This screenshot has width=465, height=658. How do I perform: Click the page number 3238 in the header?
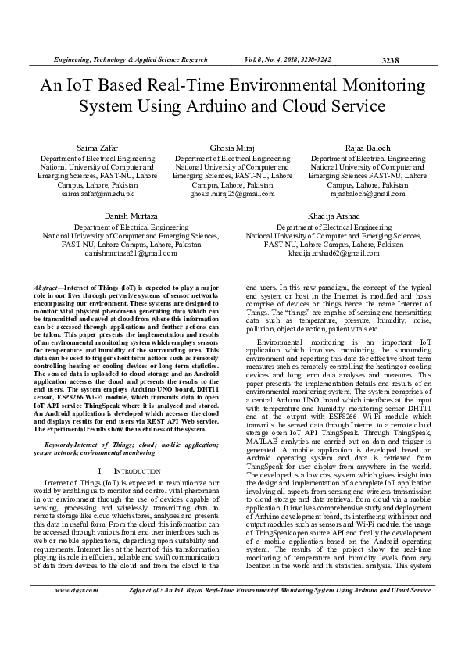pyautogui.click(x=390, y=60)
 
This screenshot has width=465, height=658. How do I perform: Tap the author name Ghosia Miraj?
pyautogui.click(x=232, y=148)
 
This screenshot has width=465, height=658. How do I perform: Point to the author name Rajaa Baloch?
pyautogui.click(x=367, y=148)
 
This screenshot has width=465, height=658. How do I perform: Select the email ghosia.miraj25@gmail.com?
pyautogui.click(x=232, y=194)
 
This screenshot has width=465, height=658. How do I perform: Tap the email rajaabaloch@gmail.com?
pyautogui.click(x=367, y=194)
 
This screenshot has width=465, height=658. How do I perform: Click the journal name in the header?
pyautogui.click(x=130, y=59)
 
